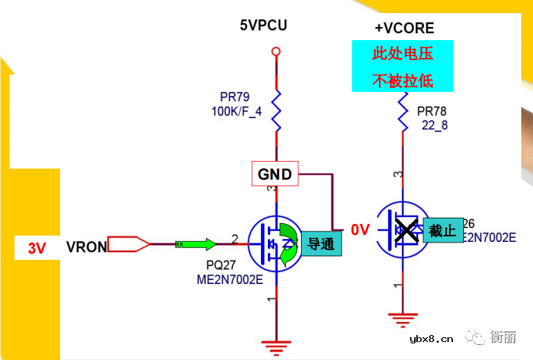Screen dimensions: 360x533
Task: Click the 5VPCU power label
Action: (263, 26)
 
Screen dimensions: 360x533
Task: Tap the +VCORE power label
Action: (404, 28)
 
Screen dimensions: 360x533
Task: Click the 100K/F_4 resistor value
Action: (237, 111)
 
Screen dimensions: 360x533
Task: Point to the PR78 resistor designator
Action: (432, 111)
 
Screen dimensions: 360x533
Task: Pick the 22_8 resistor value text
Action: (434, 125)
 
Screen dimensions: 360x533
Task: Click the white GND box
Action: (275, 174)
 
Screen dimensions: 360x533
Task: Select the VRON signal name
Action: (86, 247)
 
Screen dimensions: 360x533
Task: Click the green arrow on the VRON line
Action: (200, 244)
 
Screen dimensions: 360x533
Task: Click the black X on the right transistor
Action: (406, 230)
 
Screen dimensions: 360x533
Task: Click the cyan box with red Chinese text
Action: (403, 66)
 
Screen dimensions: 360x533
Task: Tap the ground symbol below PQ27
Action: (276, 348)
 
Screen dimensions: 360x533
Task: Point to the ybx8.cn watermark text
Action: (432, 339)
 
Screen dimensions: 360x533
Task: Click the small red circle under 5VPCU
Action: (276, 51)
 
